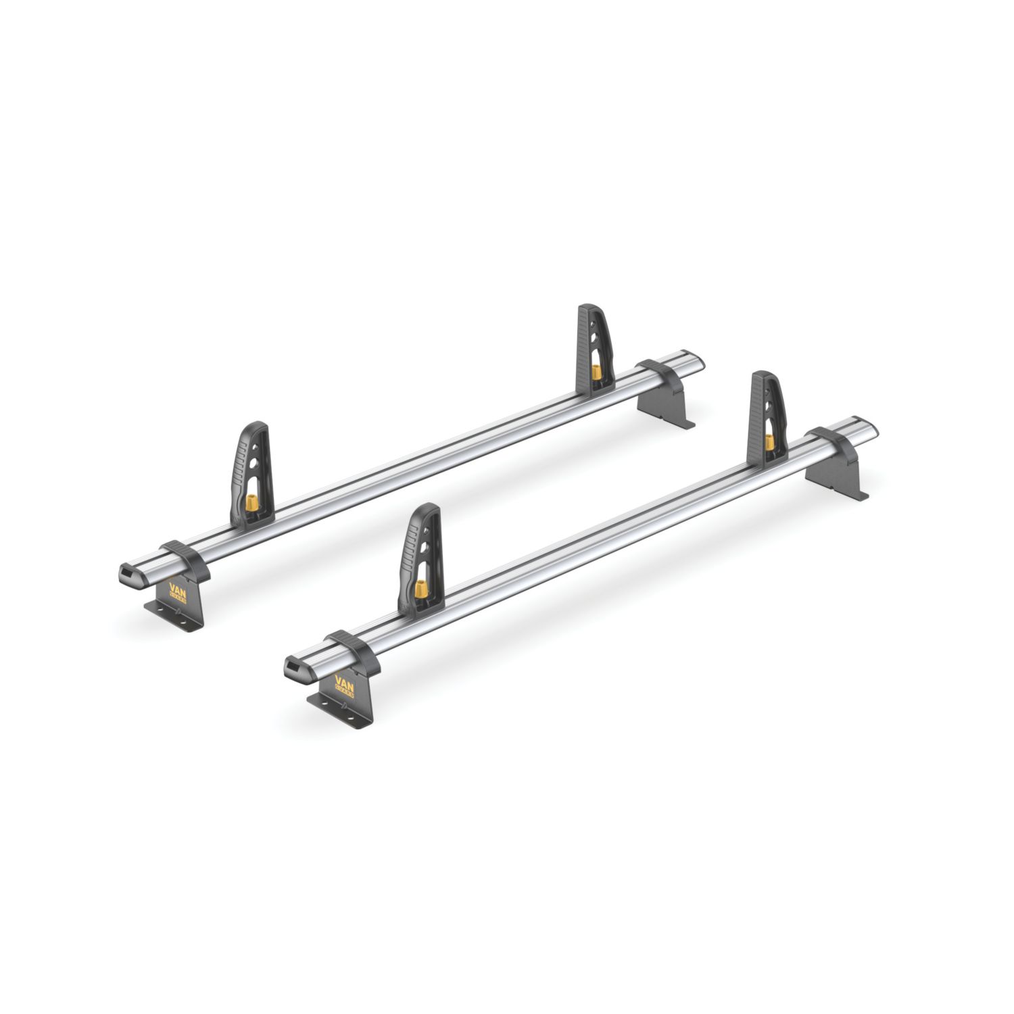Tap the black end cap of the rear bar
click(x=127, y=576)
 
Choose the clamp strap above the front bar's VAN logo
click(x=352, y=645)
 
